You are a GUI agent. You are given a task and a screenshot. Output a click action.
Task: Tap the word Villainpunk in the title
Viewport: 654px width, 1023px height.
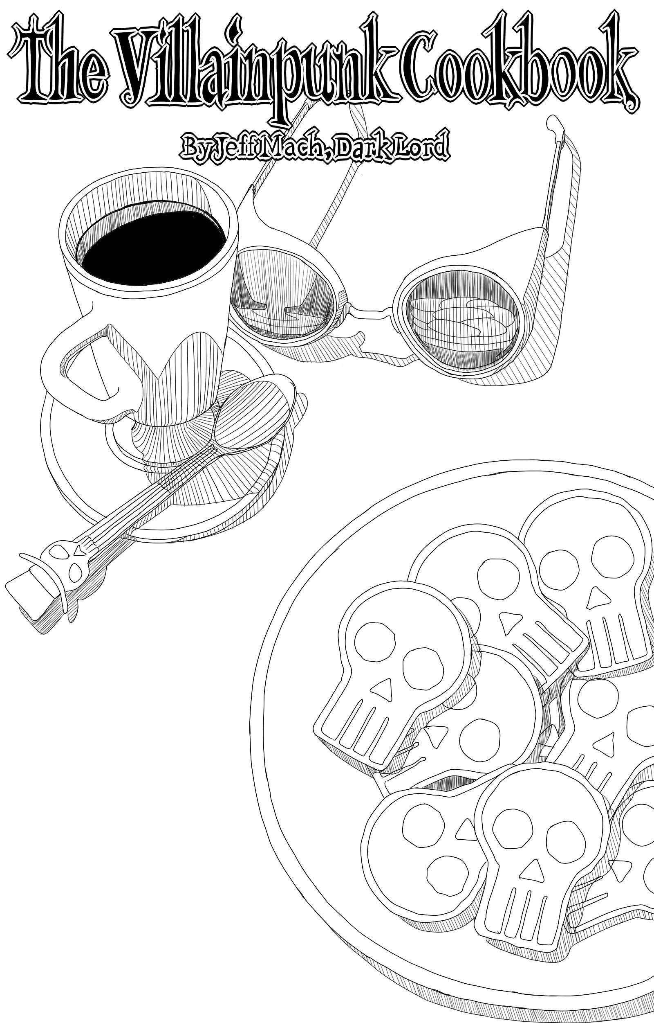[x=251, y=68]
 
